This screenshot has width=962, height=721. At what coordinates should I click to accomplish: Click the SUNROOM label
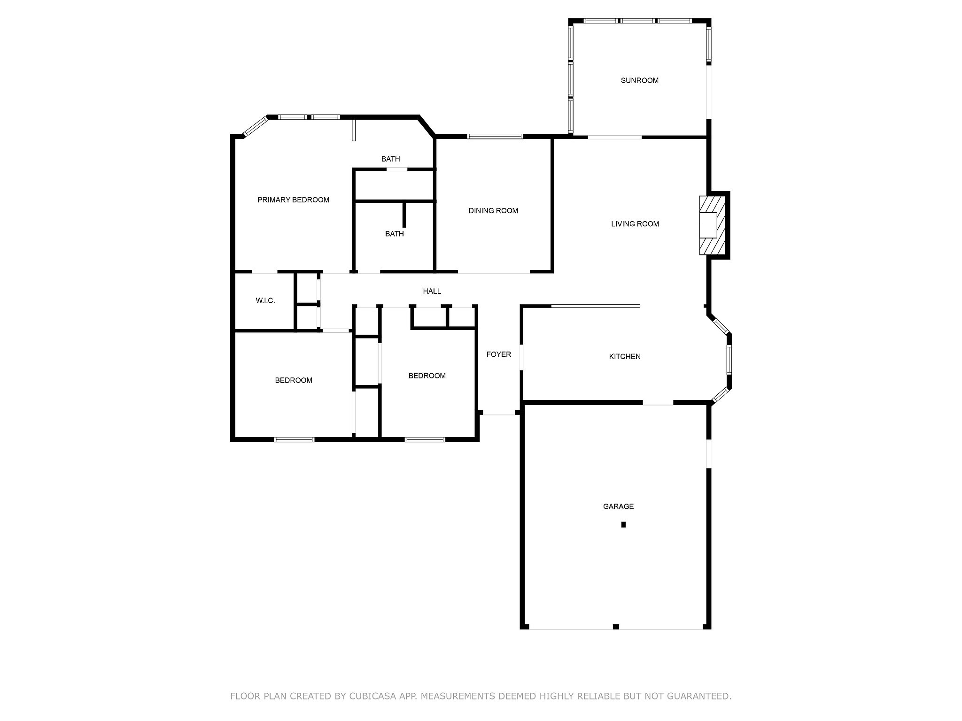639,80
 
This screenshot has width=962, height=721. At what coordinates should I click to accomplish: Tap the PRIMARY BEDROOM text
293,200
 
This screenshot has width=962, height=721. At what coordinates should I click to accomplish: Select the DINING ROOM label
493,211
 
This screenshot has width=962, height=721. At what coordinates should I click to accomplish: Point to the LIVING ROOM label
635,224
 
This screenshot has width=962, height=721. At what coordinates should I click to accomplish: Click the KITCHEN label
625,357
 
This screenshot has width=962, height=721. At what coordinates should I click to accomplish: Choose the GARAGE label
618,506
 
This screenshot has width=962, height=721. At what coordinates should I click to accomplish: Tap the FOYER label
498,354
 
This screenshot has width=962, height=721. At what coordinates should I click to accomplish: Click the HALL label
432,291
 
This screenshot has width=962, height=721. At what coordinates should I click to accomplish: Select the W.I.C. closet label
265,301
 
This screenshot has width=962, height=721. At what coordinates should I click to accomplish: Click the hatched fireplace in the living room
712,225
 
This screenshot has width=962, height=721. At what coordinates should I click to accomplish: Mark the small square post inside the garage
623,525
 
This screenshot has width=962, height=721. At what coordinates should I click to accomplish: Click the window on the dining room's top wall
495,137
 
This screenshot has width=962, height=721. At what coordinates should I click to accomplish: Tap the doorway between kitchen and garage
658,403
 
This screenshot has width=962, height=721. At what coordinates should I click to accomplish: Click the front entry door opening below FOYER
499,413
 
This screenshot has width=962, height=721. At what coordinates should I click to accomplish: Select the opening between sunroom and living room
614,137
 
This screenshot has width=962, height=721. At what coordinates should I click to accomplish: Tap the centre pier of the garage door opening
616,627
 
